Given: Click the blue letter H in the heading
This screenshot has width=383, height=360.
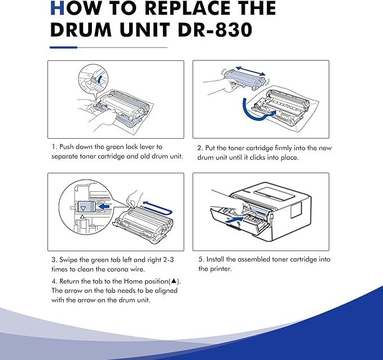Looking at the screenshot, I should click(x=57, y=8).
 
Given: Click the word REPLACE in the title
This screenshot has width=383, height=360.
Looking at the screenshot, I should click(x=166, y=8).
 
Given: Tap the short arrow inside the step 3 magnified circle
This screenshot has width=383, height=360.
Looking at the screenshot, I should click(x=103, y=206).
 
